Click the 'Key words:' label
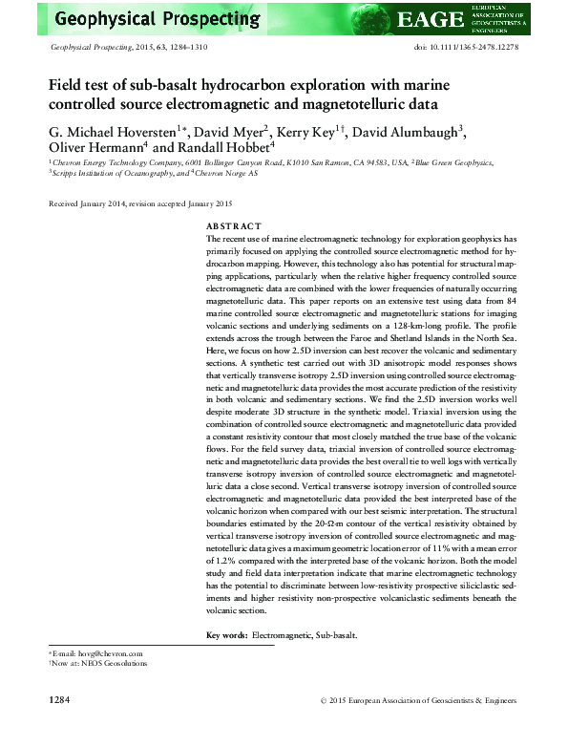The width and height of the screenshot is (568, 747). point(226,635)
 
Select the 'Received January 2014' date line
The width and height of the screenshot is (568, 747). point(92,203)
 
